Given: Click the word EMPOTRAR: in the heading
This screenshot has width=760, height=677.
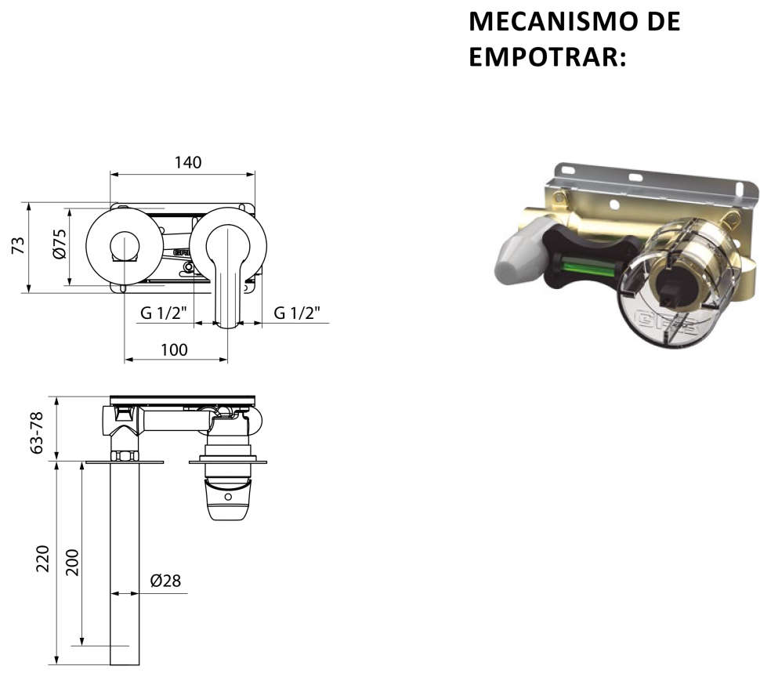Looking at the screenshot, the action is (548, 56).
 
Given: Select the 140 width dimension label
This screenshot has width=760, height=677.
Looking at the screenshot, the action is (187, 162).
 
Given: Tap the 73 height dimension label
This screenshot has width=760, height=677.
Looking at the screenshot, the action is (19, 245).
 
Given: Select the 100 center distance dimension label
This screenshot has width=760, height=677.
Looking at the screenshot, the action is (174, 350).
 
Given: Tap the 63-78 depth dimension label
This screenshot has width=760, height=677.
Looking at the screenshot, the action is (37, 433).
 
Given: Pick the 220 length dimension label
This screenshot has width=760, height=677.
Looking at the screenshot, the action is (43, 559).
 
